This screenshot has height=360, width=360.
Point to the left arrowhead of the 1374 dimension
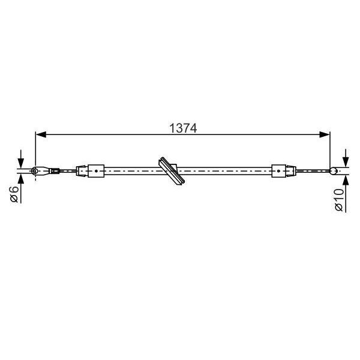tap(40, 136)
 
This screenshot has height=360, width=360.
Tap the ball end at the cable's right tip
tap(334, 171)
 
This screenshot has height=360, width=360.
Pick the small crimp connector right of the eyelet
tap(54, 171)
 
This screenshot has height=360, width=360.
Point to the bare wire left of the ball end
tap(312, 171)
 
